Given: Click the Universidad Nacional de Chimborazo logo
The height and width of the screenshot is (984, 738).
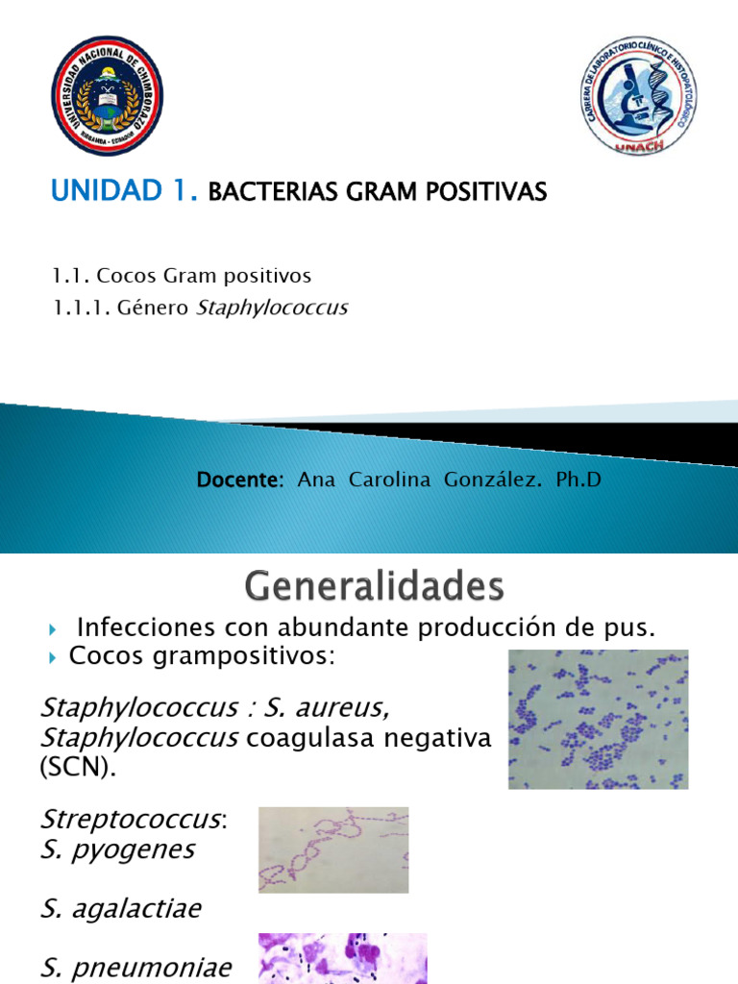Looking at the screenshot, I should point(107,95).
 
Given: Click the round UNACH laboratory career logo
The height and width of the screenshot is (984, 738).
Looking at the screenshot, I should point(638,96).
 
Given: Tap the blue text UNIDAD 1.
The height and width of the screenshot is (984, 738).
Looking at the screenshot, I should point(124,192).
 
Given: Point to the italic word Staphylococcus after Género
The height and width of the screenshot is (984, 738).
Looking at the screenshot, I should point(272,307).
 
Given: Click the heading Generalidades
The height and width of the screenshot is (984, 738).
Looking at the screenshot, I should point(374,584).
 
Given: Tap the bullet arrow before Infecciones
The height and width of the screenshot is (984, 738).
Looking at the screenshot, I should point(54,629).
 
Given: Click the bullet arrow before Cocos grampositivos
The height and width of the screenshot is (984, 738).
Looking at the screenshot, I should point(54,658).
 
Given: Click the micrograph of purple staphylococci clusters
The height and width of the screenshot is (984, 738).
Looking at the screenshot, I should point(598,719).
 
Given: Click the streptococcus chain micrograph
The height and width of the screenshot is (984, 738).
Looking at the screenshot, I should point(333,849).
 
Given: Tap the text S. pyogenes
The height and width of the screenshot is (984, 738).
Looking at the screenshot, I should point(117,849).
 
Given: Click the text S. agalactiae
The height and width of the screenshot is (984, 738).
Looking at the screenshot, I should point(121,909).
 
